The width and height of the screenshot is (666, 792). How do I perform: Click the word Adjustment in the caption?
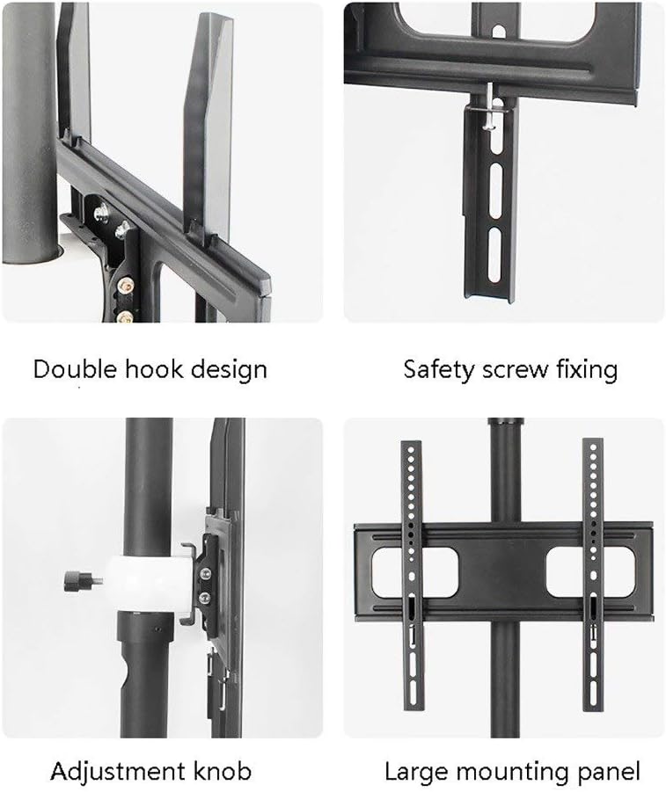coord(114,774)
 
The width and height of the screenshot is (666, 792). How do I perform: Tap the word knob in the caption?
coord(218,773)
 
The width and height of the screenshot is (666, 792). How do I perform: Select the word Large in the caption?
coord(415,774)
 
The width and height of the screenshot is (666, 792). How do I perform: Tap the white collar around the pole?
coord(150,585)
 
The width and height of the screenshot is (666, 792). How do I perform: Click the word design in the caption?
coord(228,368)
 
